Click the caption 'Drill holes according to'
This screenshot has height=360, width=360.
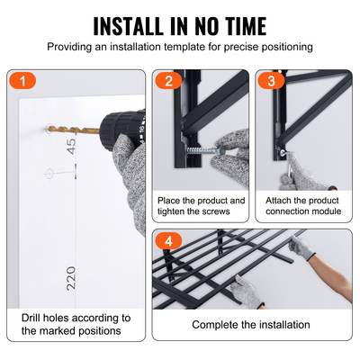[x=76, y=318]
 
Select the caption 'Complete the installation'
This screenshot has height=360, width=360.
[x=251, y=324]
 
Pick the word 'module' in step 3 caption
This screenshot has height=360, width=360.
[x=323, y=211]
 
